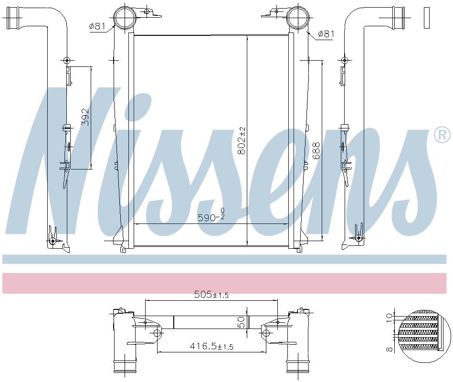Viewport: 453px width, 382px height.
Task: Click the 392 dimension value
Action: tap(85, 117)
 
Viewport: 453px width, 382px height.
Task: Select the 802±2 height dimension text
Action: tap(242, 140)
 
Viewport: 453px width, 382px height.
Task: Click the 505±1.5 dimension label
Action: tap(211, 295)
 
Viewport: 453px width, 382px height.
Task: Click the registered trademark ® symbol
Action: tap(442, 135)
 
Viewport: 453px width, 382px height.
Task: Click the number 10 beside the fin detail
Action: tap(390, 316)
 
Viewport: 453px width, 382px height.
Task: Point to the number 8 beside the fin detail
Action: tap(390, 349)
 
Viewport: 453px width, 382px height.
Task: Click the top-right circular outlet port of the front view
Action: tap(298, 19)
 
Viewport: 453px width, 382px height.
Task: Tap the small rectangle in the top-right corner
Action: tap(426, 18)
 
